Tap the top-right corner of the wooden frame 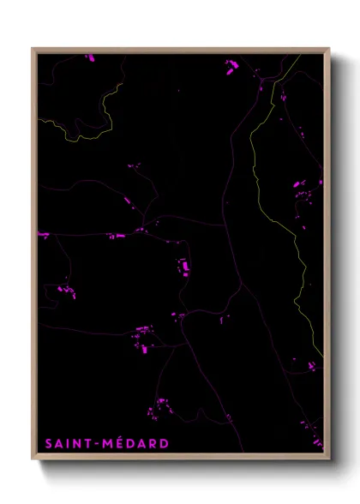pyautogui.click(x=328, y=49)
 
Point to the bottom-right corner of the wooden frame pyautogui.click(x=328, y=459)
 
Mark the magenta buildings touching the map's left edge pyautogui.click(x=43, y=234)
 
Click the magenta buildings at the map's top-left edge pyautogui.click(x=89, y=58)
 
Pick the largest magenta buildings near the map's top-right pyautogui.click(x=231, y=65)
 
